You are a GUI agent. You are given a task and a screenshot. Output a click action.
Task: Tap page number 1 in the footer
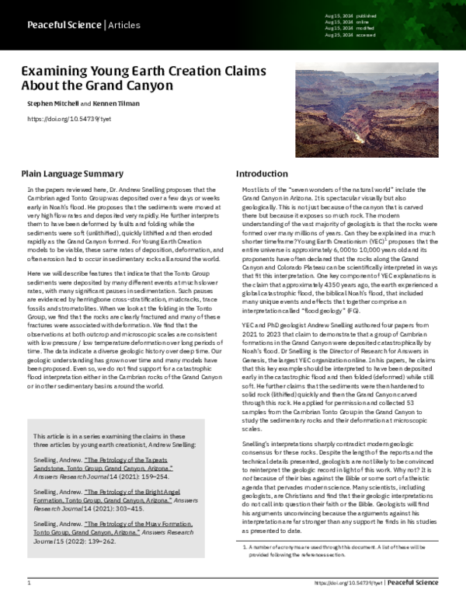(x=29, y=582)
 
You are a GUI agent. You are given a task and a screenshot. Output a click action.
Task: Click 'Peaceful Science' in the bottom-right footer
(x=415, y=582)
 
